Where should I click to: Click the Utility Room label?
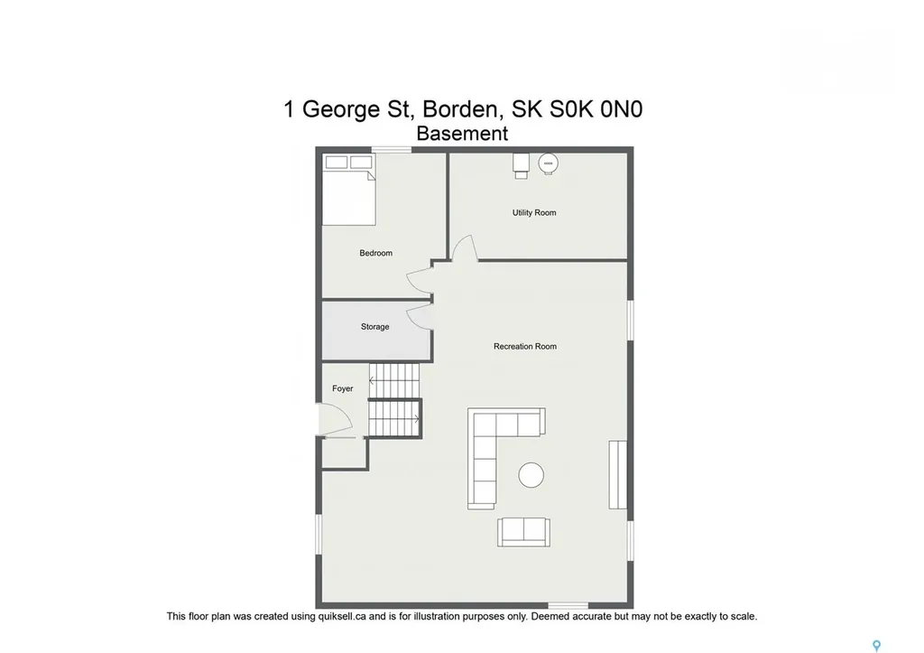[x=534, y=213]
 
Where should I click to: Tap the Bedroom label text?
[x=375, y=253]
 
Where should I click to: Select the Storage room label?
[x=374, y=327]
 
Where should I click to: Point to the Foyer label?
[x=342, y=388]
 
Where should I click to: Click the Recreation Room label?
[x=524, y=347]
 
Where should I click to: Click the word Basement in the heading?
[x=462, y=134]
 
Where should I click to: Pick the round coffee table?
[x=531, y=475]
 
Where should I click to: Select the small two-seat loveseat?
[x=522, y=532]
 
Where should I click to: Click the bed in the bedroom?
[x=348, y=194]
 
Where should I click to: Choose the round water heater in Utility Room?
[x=548, y=163]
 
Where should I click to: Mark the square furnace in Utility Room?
[x=522, y=163]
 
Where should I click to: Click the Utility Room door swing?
[x=464, y=248]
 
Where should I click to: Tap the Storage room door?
[x=420, y=317]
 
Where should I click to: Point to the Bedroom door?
[x=420, y=281]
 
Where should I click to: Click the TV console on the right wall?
[x=617, y=475]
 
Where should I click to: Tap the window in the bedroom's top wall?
[x=391, y=150]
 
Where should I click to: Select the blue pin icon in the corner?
[x=875, y=645]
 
